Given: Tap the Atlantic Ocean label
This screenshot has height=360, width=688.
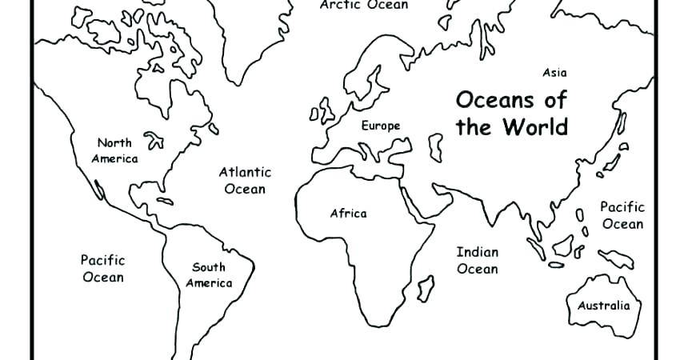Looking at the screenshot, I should tap(245, 180).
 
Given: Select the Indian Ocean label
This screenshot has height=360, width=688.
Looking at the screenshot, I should tap(477, 260).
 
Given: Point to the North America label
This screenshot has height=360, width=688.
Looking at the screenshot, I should tap(114, 150).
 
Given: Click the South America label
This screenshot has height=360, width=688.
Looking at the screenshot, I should tap(209, 274).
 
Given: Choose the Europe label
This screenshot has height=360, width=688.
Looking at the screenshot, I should tap(380, 126).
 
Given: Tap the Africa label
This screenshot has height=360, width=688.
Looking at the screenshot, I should tap(348, 214).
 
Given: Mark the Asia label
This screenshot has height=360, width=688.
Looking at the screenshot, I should tap(554, 73).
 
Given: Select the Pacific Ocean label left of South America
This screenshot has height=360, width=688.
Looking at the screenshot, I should tap(102, 268).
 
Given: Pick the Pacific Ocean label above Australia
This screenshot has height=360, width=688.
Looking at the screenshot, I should tap(622, 214).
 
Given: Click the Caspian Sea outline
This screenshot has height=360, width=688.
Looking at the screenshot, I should tap(436, 149).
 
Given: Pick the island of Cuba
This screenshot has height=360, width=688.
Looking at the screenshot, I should tap(165, 201).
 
